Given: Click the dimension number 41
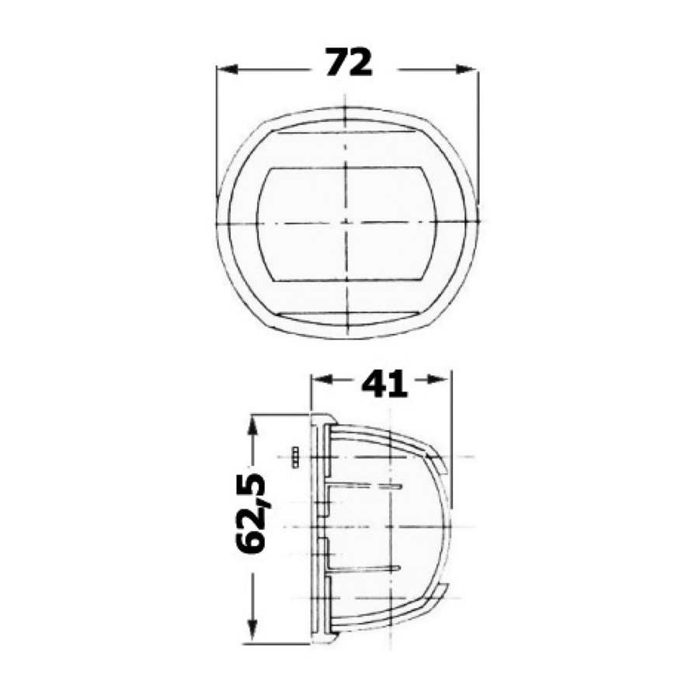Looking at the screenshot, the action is point(384,384).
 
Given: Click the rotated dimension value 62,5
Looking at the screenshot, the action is point(251,513).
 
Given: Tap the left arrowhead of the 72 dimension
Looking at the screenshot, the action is point(227,69).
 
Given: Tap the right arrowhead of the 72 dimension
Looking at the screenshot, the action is point(465,69).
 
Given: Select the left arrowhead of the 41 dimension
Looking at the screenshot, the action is point(322,379).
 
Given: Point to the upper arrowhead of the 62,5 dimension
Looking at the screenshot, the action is point(252,427).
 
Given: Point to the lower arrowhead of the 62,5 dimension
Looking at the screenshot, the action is point(252,629).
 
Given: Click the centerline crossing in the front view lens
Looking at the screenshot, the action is point(346,222).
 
